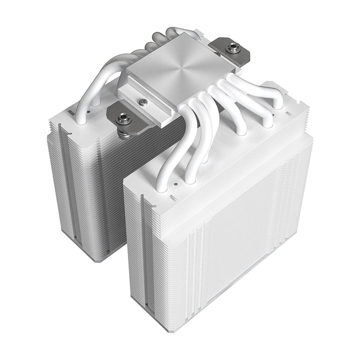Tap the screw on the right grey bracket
(x=232, y=49)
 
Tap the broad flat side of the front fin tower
(x=246, y=229)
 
